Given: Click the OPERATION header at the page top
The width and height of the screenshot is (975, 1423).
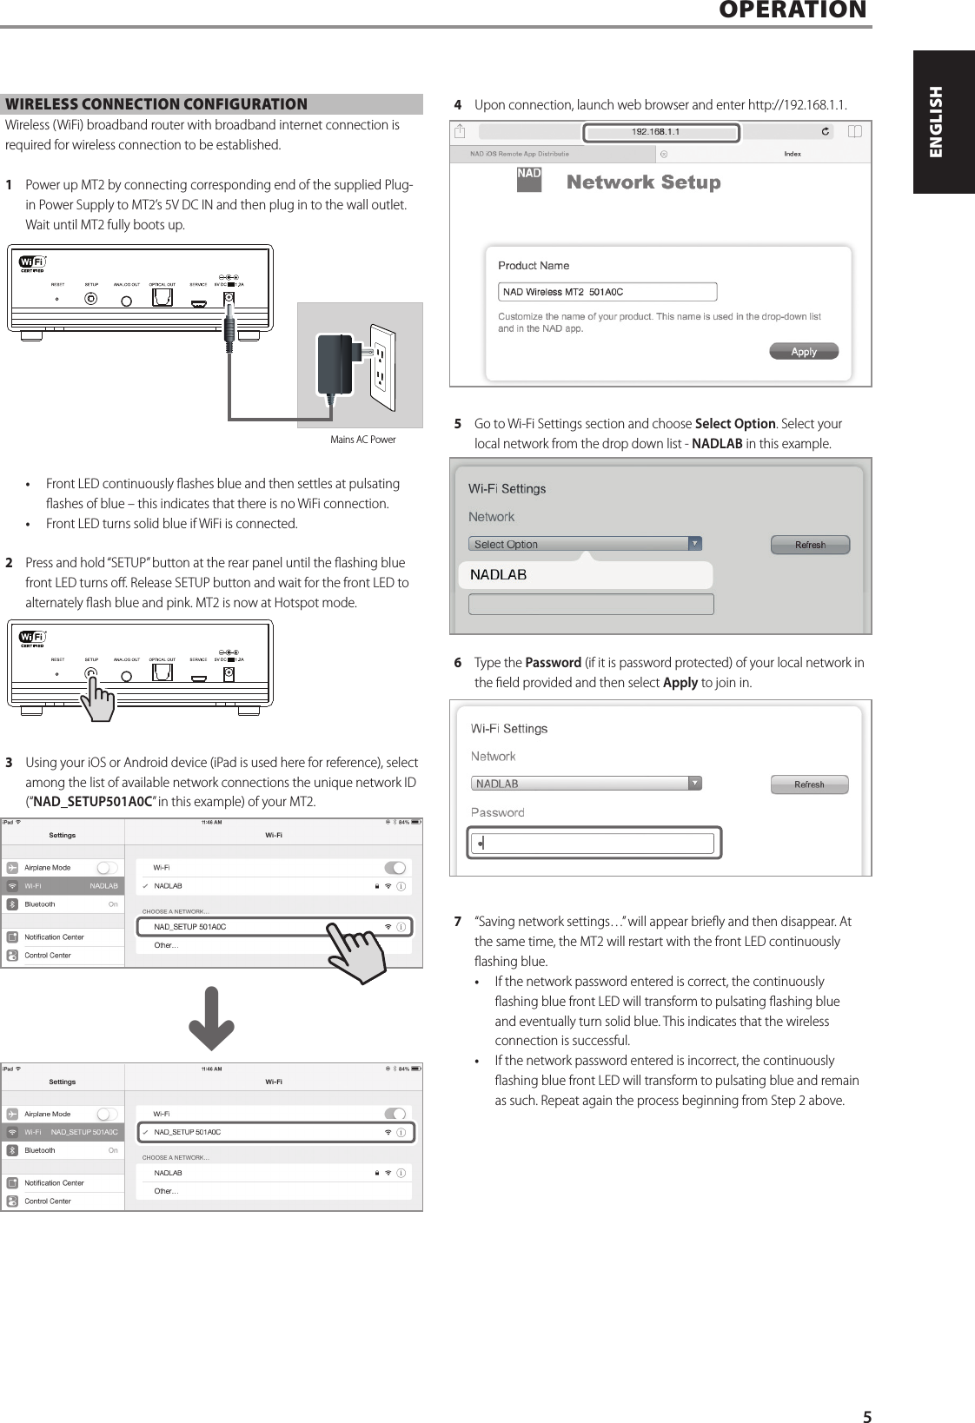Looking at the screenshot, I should pos(793,10).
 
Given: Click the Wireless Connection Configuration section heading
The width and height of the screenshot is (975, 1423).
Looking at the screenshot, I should pos(156,104).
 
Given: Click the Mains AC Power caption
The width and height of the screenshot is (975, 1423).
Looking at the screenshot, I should pos(362,440).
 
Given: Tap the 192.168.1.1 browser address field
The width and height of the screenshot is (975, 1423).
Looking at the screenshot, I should pos(660,132).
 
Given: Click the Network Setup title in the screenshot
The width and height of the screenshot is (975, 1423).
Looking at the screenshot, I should pos(643,182).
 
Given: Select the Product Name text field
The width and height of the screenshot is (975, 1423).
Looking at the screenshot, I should pos(607,292).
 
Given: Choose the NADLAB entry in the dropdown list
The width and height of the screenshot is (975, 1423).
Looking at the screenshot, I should pos(585,575).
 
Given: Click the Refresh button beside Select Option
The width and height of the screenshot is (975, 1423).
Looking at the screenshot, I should pos(810,545).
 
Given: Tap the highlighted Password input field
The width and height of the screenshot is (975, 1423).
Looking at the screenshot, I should pos(594,843).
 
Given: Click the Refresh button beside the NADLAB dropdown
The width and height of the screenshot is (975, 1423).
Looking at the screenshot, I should pos(809,784).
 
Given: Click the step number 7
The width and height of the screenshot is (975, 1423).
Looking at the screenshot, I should pos(458,922).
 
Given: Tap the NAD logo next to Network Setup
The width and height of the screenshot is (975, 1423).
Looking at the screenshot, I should pos(528,178).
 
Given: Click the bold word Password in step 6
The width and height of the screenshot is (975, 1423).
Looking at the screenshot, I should pos(553,663).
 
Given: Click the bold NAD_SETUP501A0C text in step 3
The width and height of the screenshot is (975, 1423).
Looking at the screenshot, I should pos(92,802).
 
